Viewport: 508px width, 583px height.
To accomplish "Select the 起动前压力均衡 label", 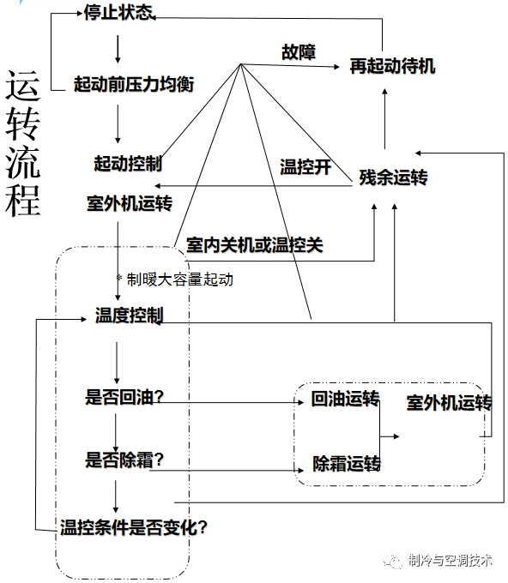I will point(134,85).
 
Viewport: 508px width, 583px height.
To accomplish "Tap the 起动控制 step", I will point(129,163).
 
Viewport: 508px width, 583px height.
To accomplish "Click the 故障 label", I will point(299,52).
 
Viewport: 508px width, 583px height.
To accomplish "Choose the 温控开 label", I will point(305,167).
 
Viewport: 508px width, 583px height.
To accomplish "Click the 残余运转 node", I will point(393,178).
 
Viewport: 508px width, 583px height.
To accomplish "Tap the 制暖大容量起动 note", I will point(180,279).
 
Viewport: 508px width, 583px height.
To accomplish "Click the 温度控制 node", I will point(129,316).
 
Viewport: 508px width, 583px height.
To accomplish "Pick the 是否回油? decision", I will point(125,397).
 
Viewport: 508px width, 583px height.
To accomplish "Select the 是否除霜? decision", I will point(125,460).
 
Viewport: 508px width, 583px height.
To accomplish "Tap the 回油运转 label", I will point(346,400).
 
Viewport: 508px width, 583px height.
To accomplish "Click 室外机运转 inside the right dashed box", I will point(449,403).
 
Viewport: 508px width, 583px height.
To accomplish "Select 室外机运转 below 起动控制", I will point(130,204).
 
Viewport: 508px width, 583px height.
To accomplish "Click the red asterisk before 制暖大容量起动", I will point(120,279).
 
